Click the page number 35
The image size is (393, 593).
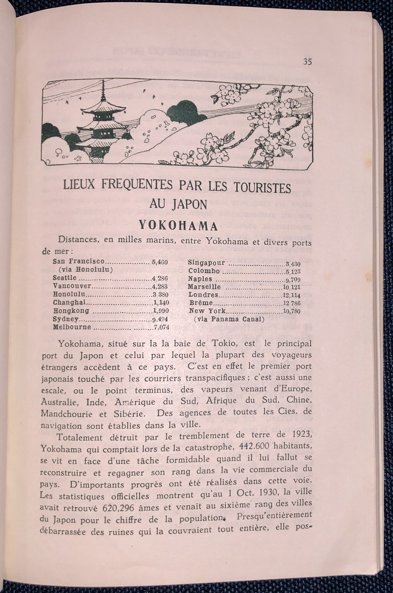307,62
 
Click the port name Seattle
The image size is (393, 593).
64,278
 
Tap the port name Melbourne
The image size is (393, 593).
72,327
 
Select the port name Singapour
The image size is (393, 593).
206,263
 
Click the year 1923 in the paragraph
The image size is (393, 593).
299,435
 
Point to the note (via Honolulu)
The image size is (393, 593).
85,270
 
